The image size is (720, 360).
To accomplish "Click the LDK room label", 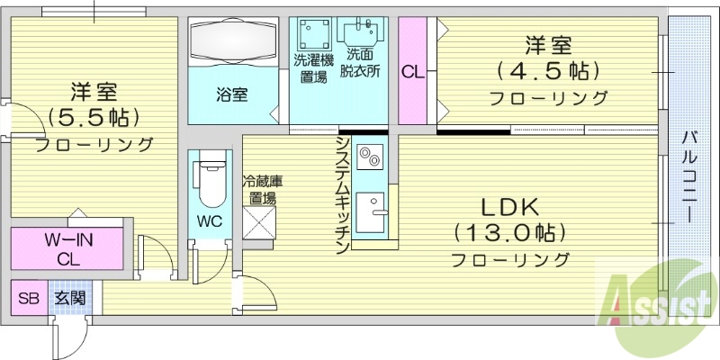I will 509,206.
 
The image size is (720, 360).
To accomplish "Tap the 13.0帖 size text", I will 509,233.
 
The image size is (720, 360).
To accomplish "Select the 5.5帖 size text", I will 94,118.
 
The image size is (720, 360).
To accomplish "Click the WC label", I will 208,219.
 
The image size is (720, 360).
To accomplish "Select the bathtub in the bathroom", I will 234,41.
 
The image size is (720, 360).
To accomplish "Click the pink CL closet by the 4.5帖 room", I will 413,70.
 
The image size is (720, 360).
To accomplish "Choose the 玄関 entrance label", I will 69,298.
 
